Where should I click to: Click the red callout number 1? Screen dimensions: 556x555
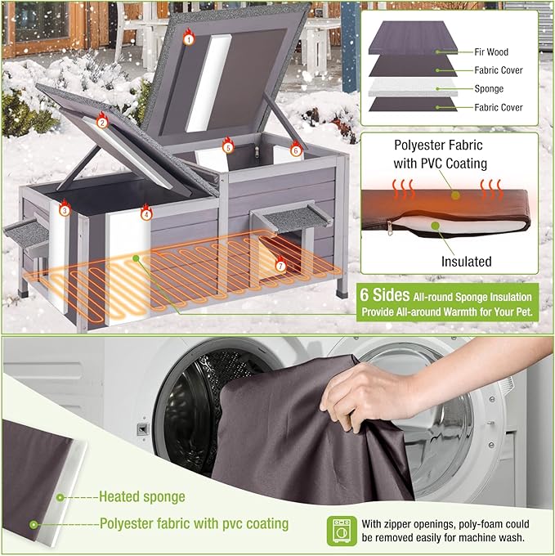click(189, 38)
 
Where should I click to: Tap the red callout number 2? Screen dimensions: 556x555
click(102, 123)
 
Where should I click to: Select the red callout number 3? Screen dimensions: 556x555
click(65, 210)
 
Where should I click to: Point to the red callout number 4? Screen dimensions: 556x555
click(146, 215)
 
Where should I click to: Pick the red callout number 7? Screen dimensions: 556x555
click(280, 266)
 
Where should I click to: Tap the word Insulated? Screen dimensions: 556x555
click(467, 262)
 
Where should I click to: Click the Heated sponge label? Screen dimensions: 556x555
click(141, 496)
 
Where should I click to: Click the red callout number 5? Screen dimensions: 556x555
click(228, 148)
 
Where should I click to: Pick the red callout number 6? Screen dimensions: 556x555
click(296, 150)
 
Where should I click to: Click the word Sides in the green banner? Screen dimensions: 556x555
click(396, 297)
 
